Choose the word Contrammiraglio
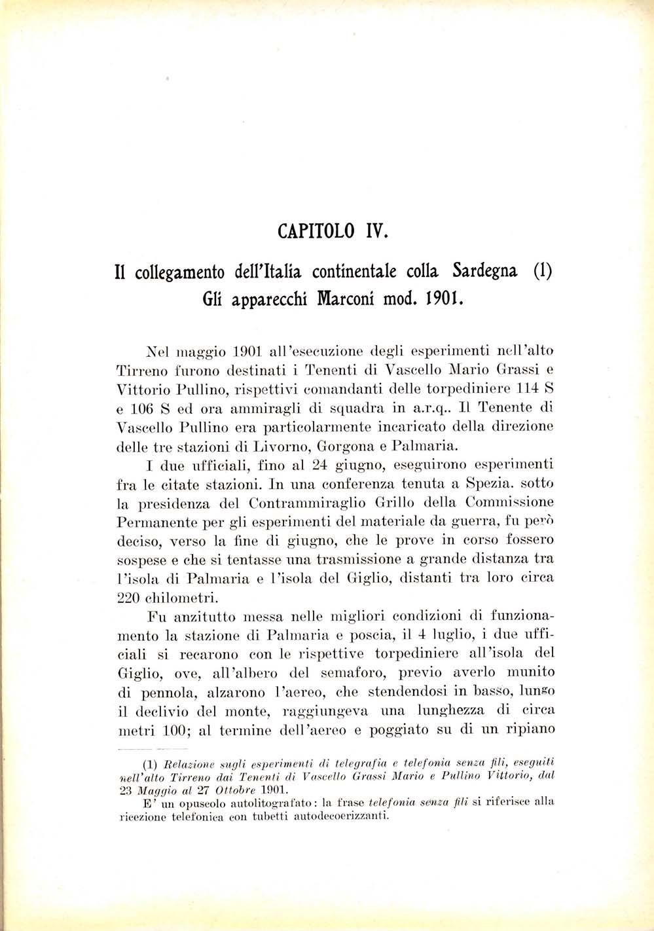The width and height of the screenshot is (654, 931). [x=295, y=503]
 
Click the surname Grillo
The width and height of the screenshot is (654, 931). [x=390, y=503]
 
